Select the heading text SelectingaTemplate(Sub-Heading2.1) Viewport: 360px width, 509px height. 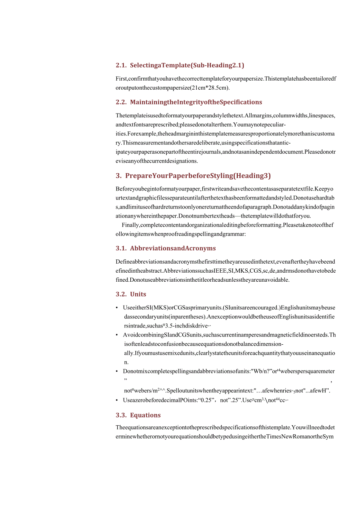pyautogui.click(x=187, y=65)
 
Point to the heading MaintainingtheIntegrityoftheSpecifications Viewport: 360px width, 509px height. pyautogui.click(x=196, y=102)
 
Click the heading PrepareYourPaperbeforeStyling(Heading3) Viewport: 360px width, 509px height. pyautogui.click(x=198, y=176)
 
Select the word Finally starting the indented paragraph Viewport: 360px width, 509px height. pyautogui.click(x=130, y=225)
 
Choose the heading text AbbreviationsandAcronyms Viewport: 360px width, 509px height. pyautogui.click(x=173, y=248)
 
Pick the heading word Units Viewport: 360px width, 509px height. pyautogui.click(x=138, y=294)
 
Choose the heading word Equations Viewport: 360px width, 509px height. pyautogui.click(x=145, y=415)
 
